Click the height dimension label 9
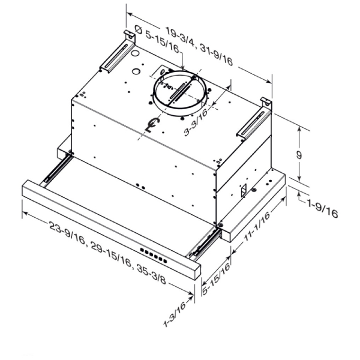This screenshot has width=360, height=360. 298,155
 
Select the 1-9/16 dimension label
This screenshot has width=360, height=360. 323,209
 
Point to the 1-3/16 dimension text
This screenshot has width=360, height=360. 175,314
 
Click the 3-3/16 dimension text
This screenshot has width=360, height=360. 196,122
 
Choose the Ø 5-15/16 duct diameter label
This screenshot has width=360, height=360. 157,39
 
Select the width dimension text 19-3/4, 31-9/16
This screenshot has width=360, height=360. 199,46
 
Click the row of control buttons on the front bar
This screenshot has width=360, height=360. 154,256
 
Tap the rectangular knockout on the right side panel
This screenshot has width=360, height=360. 244,190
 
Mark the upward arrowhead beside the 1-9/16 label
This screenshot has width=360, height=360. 299,195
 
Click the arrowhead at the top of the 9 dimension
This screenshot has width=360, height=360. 299,129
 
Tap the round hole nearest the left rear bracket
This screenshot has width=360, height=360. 135,54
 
